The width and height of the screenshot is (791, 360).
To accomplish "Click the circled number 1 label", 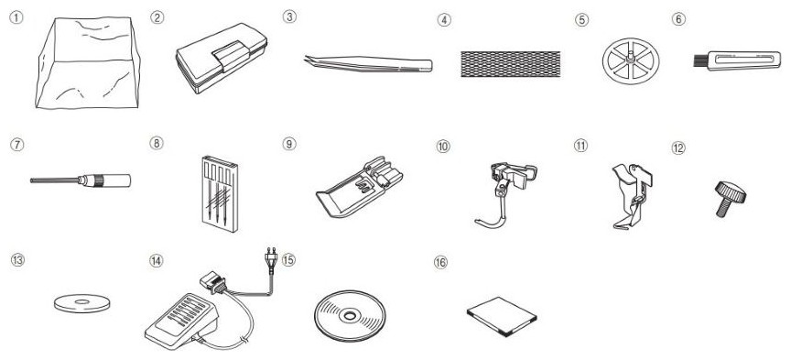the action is point(16,18).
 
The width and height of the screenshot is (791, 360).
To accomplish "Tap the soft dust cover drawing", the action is point(88,62).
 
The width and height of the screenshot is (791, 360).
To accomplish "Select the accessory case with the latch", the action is point(222,58).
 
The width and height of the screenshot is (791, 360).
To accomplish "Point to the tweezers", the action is point(368,64).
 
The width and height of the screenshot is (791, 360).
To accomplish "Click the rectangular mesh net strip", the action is point(510,64).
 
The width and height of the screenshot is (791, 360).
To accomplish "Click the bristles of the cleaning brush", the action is point(699,61).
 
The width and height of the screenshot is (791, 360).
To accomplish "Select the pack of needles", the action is point(219,193).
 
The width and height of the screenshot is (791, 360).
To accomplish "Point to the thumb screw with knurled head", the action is point(730,199).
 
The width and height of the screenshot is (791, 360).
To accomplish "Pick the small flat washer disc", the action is point(81,303).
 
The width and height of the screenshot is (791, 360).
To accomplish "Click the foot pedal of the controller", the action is point(181,320).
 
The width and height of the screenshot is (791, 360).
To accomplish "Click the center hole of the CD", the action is point(349,317).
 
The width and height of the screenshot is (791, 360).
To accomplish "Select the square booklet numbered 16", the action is point(502,317).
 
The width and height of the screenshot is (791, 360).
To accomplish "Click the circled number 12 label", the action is point(678,148).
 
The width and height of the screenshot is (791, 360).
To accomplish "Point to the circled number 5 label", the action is point(581,19).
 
